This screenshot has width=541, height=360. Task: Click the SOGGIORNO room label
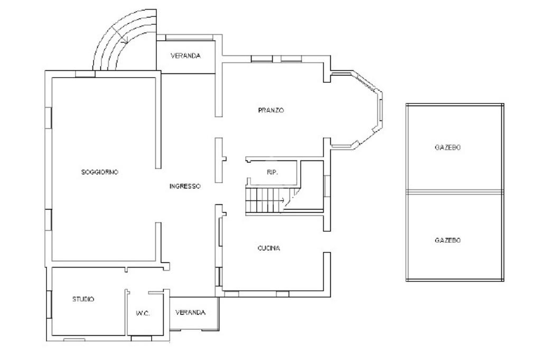click(x=100, y=172)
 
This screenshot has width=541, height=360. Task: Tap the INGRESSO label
click(x=185, y=186)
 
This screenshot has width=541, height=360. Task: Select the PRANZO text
click(x=271, y=110)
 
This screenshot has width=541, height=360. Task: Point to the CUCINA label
click(x=269, y=248)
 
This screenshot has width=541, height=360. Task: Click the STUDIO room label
click(x=83, y=299)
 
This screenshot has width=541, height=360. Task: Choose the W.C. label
click(x=143, y=314)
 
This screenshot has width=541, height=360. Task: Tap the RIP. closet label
click(x=273, y=173)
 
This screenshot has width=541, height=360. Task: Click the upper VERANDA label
click(x=185, y=55)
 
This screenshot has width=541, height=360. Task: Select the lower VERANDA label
click(x=190, y=312)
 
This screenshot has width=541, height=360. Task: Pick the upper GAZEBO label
click(x=447, y=147)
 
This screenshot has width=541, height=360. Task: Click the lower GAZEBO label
click(x=447, y=240)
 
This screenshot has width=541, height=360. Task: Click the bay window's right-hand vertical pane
click(x=381, y=111)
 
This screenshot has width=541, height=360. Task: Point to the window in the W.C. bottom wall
click(x=142, y=338)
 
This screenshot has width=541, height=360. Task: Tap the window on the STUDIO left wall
click(x=49, y=305)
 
